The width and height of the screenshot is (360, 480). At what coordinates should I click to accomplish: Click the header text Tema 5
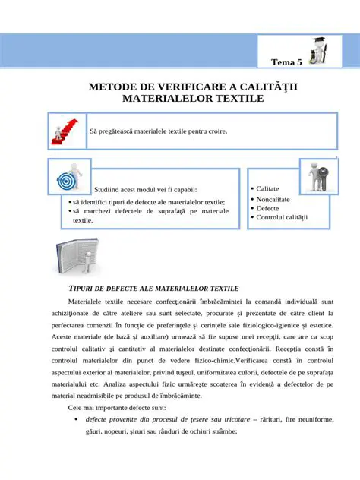(286, 62)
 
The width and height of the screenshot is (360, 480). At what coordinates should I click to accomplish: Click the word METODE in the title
(116, 87)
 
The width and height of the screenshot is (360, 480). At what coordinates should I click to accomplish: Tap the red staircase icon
(66, 131)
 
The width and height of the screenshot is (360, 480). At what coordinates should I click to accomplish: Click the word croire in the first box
(216, 131)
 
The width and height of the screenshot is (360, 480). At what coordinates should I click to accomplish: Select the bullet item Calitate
(267, 188)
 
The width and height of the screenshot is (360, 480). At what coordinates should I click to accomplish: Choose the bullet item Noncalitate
(273, 199)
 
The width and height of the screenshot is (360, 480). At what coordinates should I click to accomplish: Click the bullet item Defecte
(267, 208)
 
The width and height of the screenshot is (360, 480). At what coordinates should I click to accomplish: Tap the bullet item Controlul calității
(282, 218)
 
